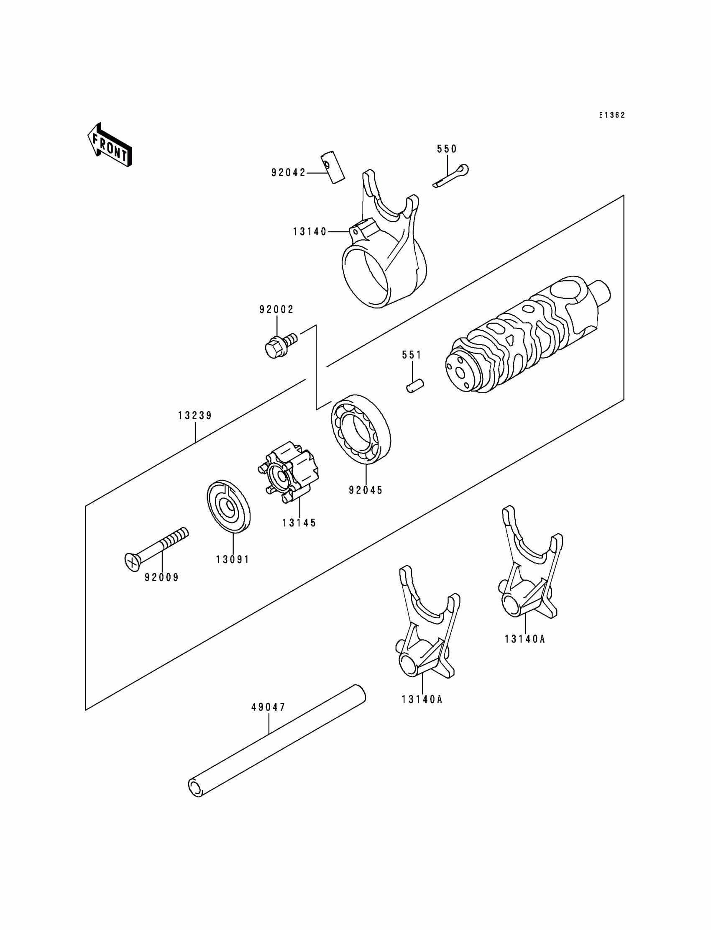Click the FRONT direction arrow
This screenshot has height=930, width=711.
point(110,145)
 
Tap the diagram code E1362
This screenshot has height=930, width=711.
point(611,115)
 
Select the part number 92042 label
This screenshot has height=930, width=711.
point(288,173)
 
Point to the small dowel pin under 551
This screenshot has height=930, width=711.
point(415,386)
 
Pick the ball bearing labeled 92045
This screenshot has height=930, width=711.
point(361,429)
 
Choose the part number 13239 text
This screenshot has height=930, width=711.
point(194,416)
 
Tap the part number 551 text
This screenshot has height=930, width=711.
point(412,355)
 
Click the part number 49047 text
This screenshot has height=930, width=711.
point(269,707)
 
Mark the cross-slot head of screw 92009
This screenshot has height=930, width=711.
point(133,562)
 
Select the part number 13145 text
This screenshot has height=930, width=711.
point(299,523)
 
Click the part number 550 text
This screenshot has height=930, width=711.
point(447,149)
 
